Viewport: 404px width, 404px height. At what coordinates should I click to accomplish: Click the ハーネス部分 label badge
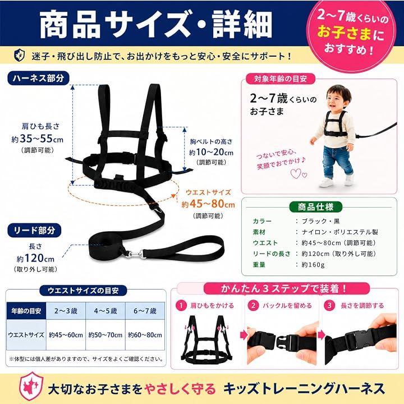(38, 79)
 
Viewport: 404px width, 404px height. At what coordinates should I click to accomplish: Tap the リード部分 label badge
(34, 231)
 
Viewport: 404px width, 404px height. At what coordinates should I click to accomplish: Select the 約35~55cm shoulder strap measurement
(38, 139)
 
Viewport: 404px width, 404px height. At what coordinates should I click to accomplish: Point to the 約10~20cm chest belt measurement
(211, 152)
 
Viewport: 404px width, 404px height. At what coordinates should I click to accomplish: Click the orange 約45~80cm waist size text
(208, 204)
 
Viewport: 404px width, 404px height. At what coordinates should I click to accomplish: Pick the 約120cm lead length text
(35, 258)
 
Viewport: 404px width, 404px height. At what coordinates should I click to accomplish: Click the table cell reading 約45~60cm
(66, 334)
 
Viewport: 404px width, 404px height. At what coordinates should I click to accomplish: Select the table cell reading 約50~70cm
(105, 334)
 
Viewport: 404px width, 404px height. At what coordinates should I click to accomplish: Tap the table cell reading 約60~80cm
(145, 334)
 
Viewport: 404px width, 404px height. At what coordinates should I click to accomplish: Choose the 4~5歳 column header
(105, 311)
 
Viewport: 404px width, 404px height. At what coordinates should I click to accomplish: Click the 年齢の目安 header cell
(26, 311)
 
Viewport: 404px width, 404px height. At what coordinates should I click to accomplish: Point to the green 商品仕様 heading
(315, 207)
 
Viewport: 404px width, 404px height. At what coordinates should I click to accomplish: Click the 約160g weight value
(313, 265)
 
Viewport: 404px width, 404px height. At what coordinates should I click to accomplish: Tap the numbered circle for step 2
(253, 306)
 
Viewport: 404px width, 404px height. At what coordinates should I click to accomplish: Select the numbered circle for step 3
(329, 306)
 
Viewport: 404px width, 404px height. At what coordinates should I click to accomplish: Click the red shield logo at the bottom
(31, 386)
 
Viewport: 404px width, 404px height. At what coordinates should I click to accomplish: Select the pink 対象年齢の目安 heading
(281, 79)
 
